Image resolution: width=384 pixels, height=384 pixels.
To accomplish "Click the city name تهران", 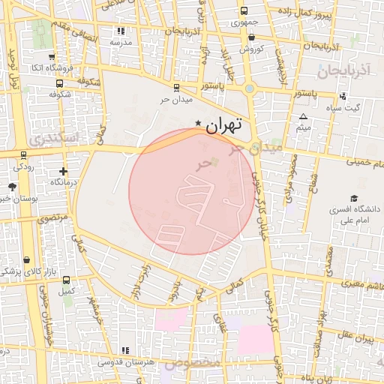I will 225,126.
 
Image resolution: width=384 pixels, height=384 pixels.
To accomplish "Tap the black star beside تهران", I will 198,123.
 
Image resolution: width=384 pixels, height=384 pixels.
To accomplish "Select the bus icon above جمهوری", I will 244,11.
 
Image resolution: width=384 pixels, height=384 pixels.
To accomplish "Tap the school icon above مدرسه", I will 121,31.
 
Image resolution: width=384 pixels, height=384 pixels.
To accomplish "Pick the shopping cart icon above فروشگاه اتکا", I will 50,56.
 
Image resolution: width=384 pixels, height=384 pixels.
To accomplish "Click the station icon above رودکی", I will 23,155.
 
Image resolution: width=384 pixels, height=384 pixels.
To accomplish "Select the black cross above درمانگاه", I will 63,171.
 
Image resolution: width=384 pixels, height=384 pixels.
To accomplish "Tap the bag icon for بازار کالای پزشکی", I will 28,259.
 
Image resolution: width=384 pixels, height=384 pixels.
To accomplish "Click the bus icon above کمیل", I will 67,280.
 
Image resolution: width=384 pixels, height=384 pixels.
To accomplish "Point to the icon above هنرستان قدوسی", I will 124,350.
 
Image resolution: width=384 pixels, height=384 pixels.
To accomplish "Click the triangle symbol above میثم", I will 303,116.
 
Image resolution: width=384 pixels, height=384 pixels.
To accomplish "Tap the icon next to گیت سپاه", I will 343,96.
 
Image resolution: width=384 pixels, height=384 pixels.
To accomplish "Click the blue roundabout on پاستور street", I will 250,88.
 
